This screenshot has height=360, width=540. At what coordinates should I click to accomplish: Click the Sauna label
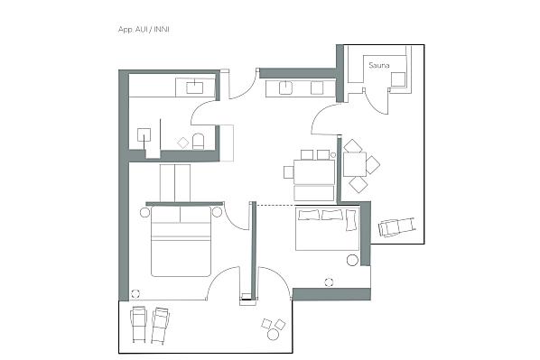(379, 65)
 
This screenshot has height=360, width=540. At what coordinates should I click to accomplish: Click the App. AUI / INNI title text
(144, 29)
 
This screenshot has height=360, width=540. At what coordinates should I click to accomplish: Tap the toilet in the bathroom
(198, 141)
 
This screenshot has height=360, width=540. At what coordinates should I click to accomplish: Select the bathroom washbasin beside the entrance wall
(195, 87)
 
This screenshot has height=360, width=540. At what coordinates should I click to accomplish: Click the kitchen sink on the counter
(285, 88)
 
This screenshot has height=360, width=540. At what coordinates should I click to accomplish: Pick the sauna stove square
(397, 79)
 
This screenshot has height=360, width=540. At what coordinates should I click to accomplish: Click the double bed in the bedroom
(181, 241)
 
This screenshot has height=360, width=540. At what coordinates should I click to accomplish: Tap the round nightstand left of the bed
(145, 212)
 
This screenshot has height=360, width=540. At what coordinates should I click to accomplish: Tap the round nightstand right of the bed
(217, 212)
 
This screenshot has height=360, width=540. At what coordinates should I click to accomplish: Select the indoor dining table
(314, 171)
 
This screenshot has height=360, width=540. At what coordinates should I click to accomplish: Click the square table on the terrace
(354, 164)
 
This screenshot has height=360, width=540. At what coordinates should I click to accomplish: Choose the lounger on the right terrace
(396, 226)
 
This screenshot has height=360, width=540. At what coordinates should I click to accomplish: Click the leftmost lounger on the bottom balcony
(138, 324)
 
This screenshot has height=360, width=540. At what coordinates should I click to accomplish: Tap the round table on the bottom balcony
(273, 334)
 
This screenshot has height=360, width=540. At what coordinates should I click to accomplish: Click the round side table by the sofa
(352, 260)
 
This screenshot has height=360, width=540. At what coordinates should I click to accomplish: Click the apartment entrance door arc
(246, 88)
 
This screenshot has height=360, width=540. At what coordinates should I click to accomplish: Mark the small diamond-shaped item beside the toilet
(183, 143)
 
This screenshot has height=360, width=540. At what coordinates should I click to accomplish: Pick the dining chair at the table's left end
(289, 172)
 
